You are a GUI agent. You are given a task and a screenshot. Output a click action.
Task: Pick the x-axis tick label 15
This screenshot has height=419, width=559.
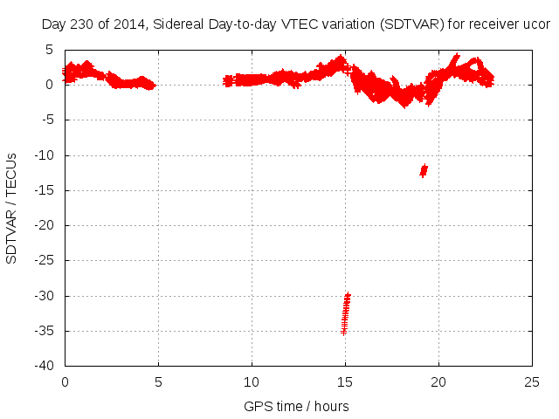tap(345, 381)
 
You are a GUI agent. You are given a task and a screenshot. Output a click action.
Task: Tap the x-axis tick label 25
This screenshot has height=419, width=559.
tap(532, 381)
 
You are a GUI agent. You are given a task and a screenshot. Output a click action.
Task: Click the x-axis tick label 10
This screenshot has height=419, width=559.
tap(252, 381)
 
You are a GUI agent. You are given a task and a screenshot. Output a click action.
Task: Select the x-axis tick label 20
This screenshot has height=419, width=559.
tap(438, 381)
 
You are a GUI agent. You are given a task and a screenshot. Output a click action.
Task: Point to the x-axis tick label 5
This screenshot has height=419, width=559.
tap(158, 381)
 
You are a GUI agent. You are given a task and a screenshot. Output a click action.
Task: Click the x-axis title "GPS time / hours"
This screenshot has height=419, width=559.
tap(297, 406)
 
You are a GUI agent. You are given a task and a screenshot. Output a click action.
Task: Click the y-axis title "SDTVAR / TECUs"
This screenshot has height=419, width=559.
tap(12, 208)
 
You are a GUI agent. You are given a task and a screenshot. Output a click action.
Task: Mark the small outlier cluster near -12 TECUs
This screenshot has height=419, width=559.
tap(424, 169)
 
